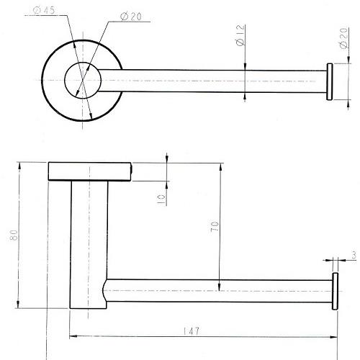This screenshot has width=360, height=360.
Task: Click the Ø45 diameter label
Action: (44, 10)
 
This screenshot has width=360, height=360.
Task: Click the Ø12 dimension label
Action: (240, 35)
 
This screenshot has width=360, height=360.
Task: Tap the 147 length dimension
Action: (192, 331)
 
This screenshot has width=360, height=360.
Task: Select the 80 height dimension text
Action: (14, 235)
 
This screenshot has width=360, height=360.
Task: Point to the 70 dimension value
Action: (215, 226)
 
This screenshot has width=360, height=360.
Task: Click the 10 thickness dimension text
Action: (161, 199)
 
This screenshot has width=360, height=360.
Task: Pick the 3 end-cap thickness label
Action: (354, 256)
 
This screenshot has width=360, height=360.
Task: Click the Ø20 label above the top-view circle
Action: (130, 17)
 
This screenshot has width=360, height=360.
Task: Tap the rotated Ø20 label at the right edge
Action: (343, 38)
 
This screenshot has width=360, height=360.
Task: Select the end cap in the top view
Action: (330, 81)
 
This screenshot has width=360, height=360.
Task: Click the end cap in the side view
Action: (335, 291)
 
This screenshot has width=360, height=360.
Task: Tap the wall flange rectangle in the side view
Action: (90, 171)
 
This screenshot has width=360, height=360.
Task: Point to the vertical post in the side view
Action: (89, 244)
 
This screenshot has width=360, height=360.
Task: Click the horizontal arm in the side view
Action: (218, 291)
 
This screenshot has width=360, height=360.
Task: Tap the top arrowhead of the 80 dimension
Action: (19, 166)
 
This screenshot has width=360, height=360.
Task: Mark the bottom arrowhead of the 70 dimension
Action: (219, 287)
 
